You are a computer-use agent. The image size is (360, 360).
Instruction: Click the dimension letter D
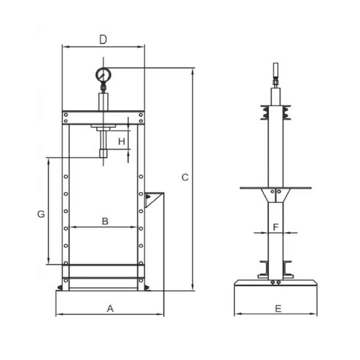(x=103, y=39)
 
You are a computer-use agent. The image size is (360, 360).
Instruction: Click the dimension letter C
(x=185, y=177)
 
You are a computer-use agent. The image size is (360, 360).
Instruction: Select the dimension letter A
(x=110, y=308)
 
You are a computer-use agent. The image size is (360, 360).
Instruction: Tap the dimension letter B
(x=105, y=221)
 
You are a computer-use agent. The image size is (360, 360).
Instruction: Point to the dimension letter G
(x=41, y=214)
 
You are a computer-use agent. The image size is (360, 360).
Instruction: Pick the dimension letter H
(x=121, y=141)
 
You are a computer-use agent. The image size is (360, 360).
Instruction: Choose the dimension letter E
(x=278, y=309)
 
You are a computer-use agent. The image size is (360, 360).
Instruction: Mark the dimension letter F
(x=276, y=227)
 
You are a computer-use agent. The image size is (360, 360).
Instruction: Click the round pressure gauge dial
(x=103, y=75)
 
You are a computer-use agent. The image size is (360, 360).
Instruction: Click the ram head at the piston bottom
(x=103, y=153)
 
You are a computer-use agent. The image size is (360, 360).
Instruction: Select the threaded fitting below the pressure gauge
(x=103, y=88)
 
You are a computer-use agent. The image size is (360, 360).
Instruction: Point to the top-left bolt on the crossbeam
(x=66, y=115)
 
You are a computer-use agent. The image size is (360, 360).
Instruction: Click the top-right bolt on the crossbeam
(x=141, y=115)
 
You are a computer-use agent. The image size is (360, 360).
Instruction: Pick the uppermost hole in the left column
(x=66, y=176)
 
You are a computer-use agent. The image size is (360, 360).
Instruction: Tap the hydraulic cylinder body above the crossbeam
(x=103, y=102)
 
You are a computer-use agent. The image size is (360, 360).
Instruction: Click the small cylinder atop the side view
(x=276, y=70)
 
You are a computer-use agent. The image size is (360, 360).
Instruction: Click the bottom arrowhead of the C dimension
(x=193, y=287)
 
